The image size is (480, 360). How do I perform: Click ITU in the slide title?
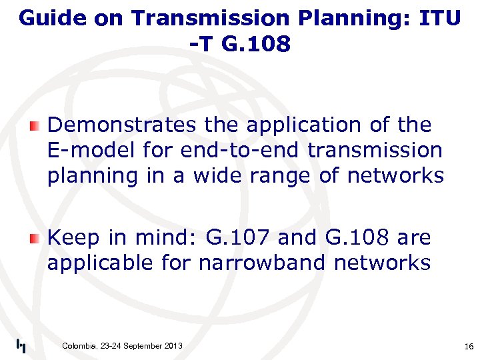[x=439, y=18]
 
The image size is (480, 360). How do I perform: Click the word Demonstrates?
[x=121, y=125]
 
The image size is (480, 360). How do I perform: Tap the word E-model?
[x=93, y=150]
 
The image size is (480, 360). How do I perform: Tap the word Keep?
[x=73, y=237]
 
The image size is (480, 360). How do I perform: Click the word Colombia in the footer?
[x=79, y=345]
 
